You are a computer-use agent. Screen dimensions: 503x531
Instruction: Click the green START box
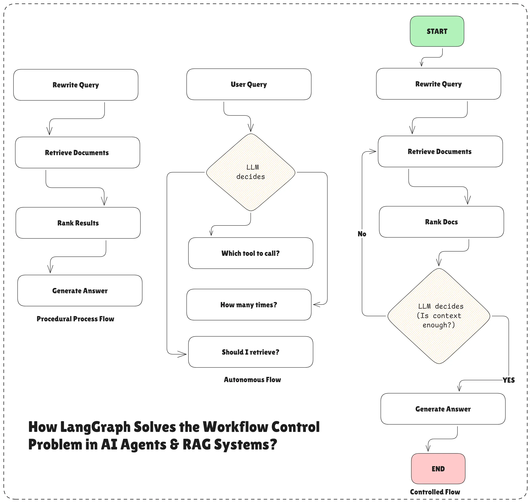437,31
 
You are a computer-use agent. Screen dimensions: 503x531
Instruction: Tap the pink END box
438,469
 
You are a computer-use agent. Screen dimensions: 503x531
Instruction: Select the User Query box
249,84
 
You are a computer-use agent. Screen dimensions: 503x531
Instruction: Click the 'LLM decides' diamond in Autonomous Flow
251,172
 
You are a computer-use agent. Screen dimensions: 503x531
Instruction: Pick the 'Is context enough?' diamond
439,316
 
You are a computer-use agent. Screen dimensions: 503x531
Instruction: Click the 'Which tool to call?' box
250,253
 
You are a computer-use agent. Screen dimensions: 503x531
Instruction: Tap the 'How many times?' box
249,305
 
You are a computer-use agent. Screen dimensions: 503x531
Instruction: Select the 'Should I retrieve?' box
250,352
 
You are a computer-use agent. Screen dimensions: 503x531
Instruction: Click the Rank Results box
78,223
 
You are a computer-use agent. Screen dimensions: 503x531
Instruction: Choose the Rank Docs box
441,222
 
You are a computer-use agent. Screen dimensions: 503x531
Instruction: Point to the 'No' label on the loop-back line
362,234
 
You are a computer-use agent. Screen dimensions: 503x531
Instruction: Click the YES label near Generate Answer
509,380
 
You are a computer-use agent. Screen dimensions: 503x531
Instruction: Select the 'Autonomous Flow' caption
252,379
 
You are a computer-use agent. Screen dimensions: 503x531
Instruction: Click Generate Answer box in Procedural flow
80,291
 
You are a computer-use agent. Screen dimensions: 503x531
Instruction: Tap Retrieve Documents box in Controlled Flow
440,152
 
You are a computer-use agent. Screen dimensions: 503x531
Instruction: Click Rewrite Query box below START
439,84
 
